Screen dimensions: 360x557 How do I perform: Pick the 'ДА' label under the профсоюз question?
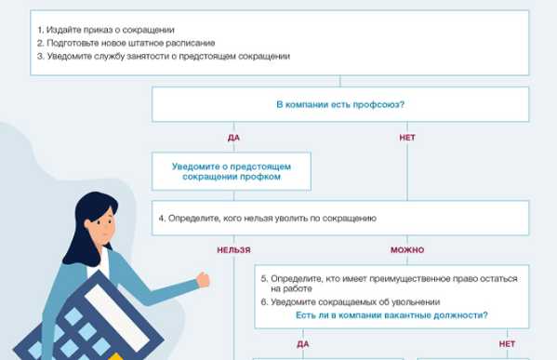pos(233,138)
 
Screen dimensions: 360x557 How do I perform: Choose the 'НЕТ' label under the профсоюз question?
pos(406,138)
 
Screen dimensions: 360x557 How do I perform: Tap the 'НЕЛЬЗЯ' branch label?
pos(233,250)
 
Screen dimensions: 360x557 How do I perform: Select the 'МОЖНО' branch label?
pos(406,250)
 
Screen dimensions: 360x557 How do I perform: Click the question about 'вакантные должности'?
pos(391,316)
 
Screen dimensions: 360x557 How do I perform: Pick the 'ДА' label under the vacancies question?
pos(303,344)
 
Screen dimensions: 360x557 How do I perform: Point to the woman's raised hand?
pos(202,279)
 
